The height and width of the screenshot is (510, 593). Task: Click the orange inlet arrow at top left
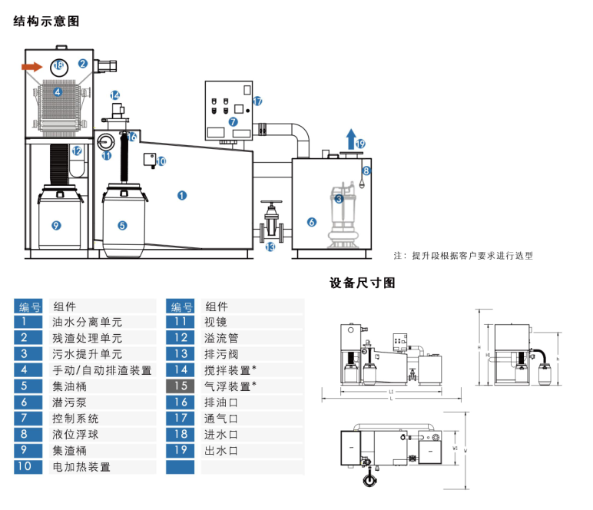point(31,67)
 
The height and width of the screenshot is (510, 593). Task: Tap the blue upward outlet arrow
point(350,139)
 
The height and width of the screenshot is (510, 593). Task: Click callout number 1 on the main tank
point(182,195)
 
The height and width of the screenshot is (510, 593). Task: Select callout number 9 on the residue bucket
point(55,225)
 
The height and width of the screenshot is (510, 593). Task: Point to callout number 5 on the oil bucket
point(122,225)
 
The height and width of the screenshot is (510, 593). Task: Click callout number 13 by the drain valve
point(270,247)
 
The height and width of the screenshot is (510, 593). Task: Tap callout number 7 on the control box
point(234,121)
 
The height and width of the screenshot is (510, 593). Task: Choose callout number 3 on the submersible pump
point(339,199)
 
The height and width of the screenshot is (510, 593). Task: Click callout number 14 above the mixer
point(115,96)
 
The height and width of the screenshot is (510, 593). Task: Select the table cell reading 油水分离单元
point(88,323)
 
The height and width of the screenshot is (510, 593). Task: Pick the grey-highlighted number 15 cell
point(181,386)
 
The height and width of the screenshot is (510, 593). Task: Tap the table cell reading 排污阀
point(222,354)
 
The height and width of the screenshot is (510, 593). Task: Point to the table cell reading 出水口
point(222,451)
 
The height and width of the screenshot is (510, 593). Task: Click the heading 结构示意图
point(46,22)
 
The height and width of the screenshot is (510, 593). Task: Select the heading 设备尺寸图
point(363,283)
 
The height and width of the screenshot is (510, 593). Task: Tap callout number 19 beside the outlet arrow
point(360,144)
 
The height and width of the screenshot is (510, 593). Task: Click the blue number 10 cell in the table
point(28,466)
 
